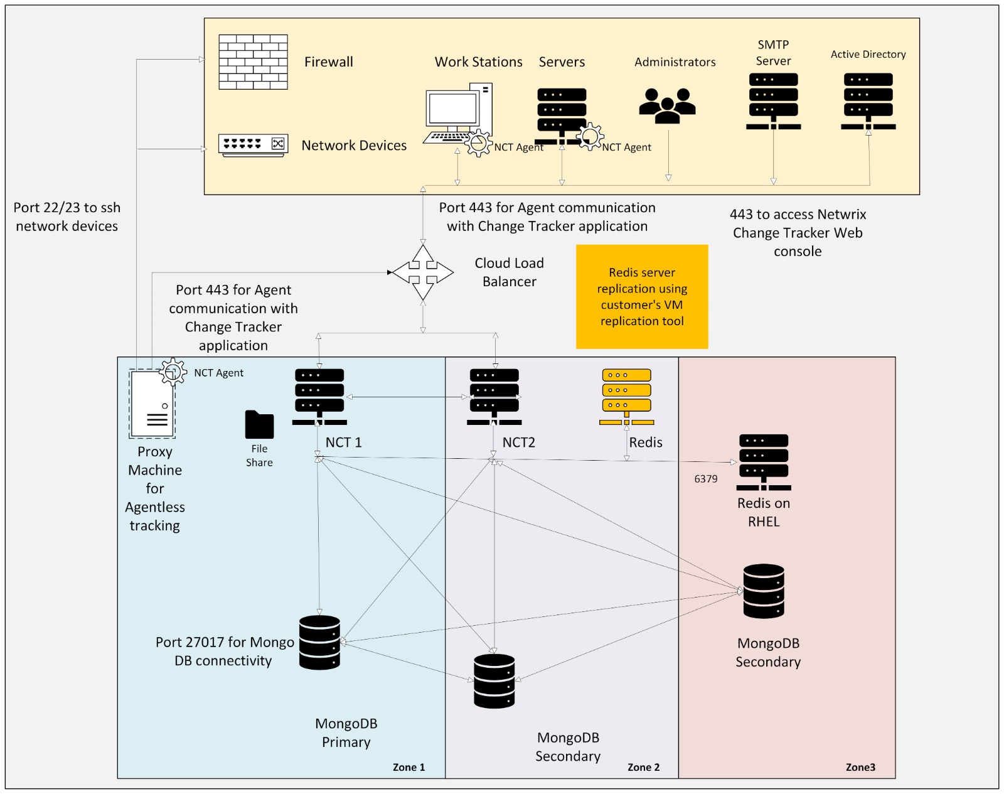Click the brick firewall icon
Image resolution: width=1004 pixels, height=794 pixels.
point(253,62)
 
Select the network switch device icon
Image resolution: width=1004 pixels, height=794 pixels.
point(253,144)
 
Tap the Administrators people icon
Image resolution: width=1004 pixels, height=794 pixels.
point(668,105)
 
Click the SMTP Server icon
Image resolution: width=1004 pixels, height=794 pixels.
point(773,100)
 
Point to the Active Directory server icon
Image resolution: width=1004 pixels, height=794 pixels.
point(868,100)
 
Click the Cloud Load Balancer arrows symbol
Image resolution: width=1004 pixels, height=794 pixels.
point(423,272)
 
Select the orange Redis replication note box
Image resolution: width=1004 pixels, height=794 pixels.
point(642,296)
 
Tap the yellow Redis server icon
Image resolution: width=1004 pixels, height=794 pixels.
point(627,396)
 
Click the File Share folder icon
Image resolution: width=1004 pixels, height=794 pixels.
point(259,424)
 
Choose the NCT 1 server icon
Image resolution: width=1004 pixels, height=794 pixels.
point(319,396)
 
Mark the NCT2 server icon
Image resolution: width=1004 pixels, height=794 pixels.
point(494,396)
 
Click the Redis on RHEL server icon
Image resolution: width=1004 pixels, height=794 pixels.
point(764,462)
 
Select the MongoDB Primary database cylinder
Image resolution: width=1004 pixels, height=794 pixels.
point(319,642)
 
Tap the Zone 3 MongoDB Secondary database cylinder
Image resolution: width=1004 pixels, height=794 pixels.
point(764,591)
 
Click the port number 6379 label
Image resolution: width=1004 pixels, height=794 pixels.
point(706,479)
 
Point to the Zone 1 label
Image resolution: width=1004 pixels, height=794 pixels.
point(409,767)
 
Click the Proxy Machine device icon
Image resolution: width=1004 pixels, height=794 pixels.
point(152,403)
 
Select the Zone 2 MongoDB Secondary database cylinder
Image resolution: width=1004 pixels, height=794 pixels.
point(494,681)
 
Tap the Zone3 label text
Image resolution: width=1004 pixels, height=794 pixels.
point(860,767)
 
